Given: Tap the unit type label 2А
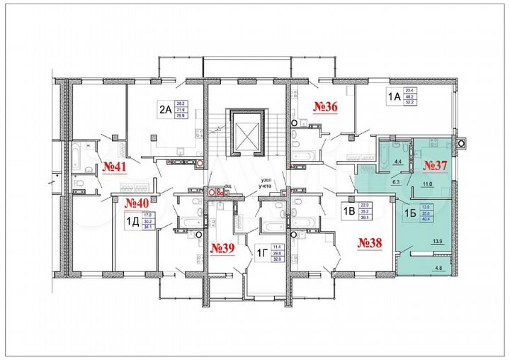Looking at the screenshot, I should coord(165,110).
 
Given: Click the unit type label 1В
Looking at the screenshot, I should coord(348,211).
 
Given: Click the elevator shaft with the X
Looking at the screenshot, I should coord(246,133).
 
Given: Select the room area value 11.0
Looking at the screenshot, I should coord(427,184).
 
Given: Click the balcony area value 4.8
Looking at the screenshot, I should coord(439,268).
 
